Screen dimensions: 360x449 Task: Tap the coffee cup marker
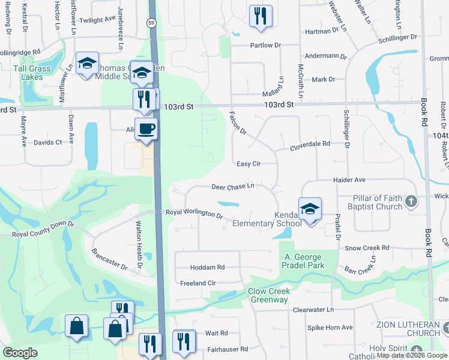point(146,128)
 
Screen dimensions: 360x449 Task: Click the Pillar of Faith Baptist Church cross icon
point(411,201)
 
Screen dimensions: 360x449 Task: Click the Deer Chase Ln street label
point(234,187)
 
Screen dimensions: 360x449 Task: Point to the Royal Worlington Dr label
point(194,214)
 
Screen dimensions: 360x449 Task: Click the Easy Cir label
point(248,164)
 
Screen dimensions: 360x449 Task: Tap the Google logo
point(20,353)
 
